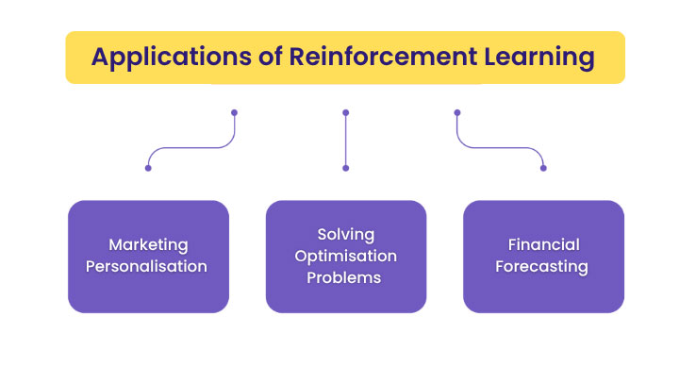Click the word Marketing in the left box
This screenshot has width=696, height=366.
click(148, 245)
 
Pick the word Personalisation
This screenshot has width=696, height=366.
click(148, 266)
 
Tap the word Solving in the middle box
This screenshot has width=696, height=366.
click(345, 235)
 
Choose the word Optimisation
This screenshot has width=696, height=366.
click(345, 256)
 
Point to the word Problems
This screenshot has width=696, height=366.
click(345, 277)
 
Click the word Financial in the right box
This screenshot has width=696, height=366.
click(543, 245)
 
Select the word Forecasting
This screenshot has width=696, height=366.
click(543, 266)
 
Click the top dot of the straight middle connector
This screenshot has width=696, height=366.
click(345, 112)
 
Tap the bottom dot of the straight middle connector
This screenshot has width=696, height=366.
click(345, 168)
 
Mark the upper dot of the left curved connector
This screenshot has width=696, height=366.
click(234, 112)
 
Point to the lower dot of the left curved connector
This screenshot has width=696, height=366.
click(148, 168)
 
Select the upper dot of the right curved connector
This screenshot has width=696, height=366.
click(457, 112)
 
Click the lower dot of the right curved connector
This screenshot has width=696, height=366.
click(543, 168)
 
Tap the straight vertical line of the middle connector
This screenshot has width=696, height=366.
click(345, 140)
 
